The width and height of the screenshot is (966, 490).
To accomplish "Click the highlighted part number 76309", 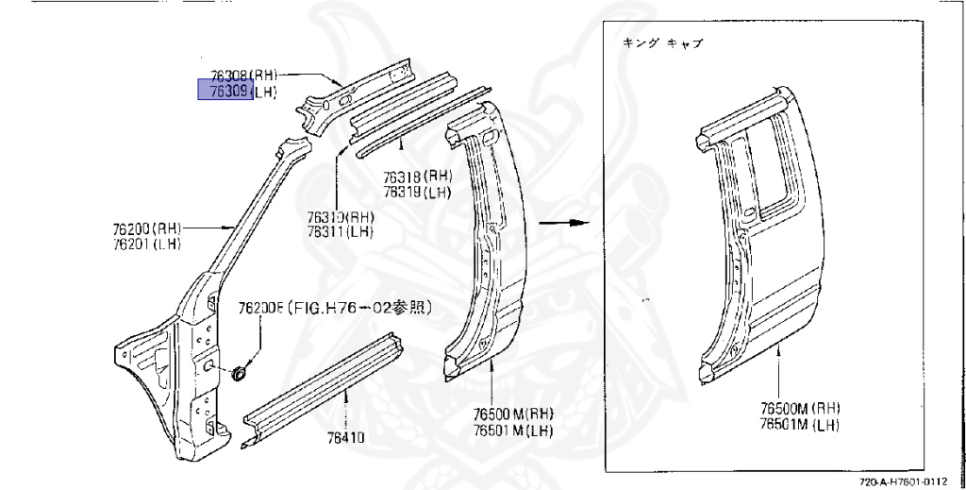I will pos(225,90).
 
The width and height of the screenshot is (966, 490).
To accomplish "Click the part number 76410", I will pos(347,438).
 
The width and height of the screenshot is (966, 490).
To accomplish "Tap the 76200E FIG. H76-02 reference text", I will pos(335,308).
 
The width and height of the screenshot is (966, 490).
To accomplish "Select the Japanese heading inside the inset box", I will pos(663,43).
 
